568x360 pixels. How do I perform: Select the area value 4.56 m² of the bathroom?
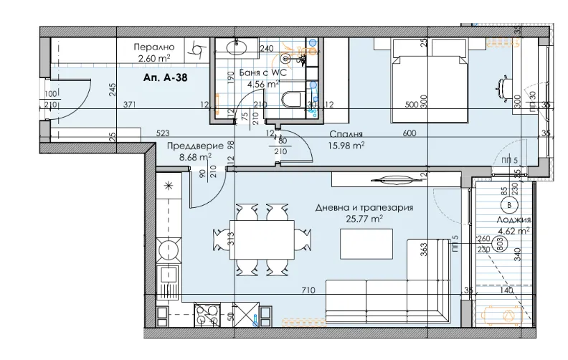pos(262,84)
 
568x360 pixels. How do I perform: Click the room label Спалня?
pos(345,133)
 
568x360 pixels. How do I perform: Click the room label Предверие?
pos(189,145)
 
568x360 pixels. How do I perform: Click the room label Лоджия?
pos(513,220)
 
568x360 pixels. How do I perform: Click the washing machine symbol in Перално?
pos(194,49)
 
